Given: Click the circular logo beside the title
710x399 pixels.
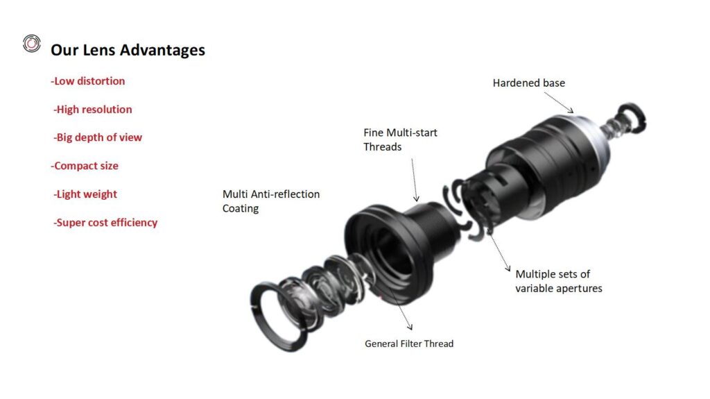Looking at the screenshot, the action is point(32,44).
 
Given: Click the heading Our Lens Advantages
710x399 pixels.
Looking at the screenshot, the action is point(128,50).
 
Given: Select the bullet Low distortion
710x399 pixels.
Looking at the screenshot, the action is point(88,81).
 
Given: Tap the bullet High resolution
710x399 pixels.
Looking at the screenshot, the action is point(93,109).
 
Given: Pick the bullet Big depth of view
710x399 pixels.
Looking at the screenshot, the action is point(98,137).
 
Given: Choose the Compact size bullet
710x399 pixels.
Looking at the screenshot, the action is point(85,166).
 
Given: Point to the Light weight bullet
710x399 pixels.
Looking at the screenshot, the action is point(85,194).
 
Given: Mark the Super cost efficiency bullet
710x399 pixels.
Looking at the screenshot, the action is point(105,223).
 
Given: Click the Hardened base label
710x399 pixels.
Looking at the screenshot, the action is point(529,83).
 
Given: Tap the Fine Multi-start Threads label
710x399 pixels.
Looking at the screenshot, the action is point(400,139).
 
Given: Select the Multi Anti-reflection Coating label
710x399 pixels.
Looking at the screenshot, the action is point(271,201).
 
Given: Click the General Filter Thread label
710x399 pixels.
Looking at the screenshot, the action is point(409,343).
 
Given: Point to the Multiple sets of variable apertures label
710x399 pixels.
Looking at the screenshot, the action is point(559,281).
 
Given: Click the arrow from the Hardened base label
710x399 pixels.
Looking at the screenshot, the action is point(559,103).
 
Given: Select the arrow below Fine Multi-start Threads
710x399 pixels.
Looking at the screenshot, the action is point(415,180).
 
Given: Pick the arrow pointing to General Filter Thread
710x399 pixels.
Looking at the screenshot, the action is point(399,307).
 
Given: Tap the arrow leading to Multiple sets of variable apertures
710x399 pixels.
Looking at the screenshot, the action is point(499,250).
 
